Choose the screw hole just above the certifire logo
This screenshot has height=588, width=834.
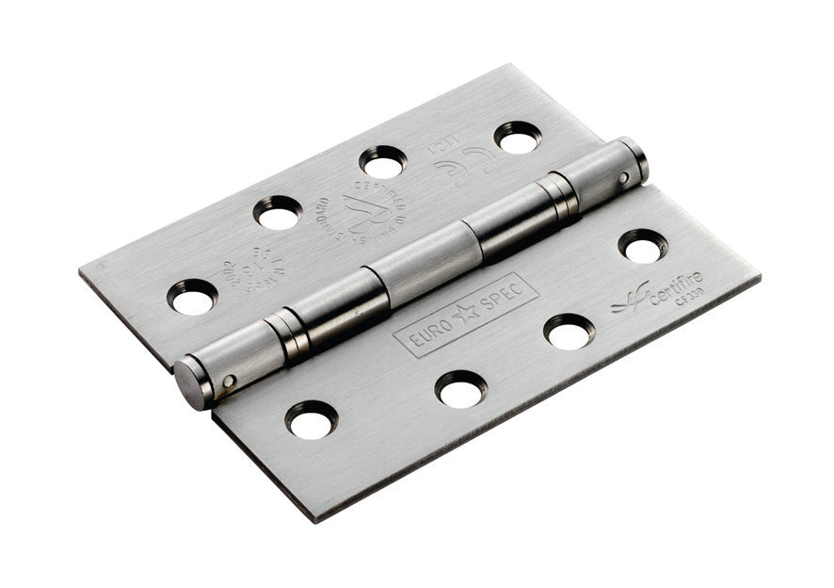tap(643, 247)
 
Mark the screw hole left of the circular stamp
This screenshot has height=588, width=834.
tap(278, 213)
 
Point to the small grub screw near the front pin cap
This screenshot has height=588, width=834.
tap(229, 381)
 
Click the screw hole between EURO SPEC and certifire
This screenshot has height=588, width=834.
tap(569, 332)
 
